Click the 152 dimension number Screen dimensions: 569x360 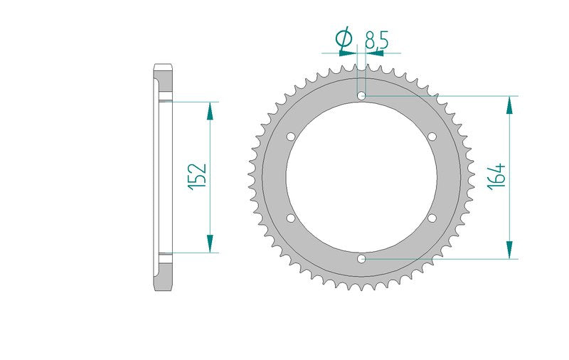(x=198, y=176)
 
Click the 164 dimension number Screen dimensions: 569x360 (x=496, y=176)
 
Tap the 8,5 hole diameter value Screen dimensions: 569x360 (x=377, y=40)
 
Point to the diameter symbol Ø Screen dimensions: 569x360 (x=344, y=38)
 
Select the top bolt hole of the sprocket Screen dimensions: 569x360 (x=361, y=96)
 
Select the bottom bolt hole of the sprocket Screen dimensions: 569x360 (x=361, y=259)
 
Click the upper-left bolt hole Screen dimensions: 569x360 (x=291, y=137)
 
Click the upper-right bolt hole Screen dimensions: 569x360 (x=432, y=137)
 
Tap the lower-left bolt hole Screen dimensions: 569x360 (x=291, y=218)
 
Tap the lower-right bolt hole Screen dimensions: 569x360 (x=432, y=218)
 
